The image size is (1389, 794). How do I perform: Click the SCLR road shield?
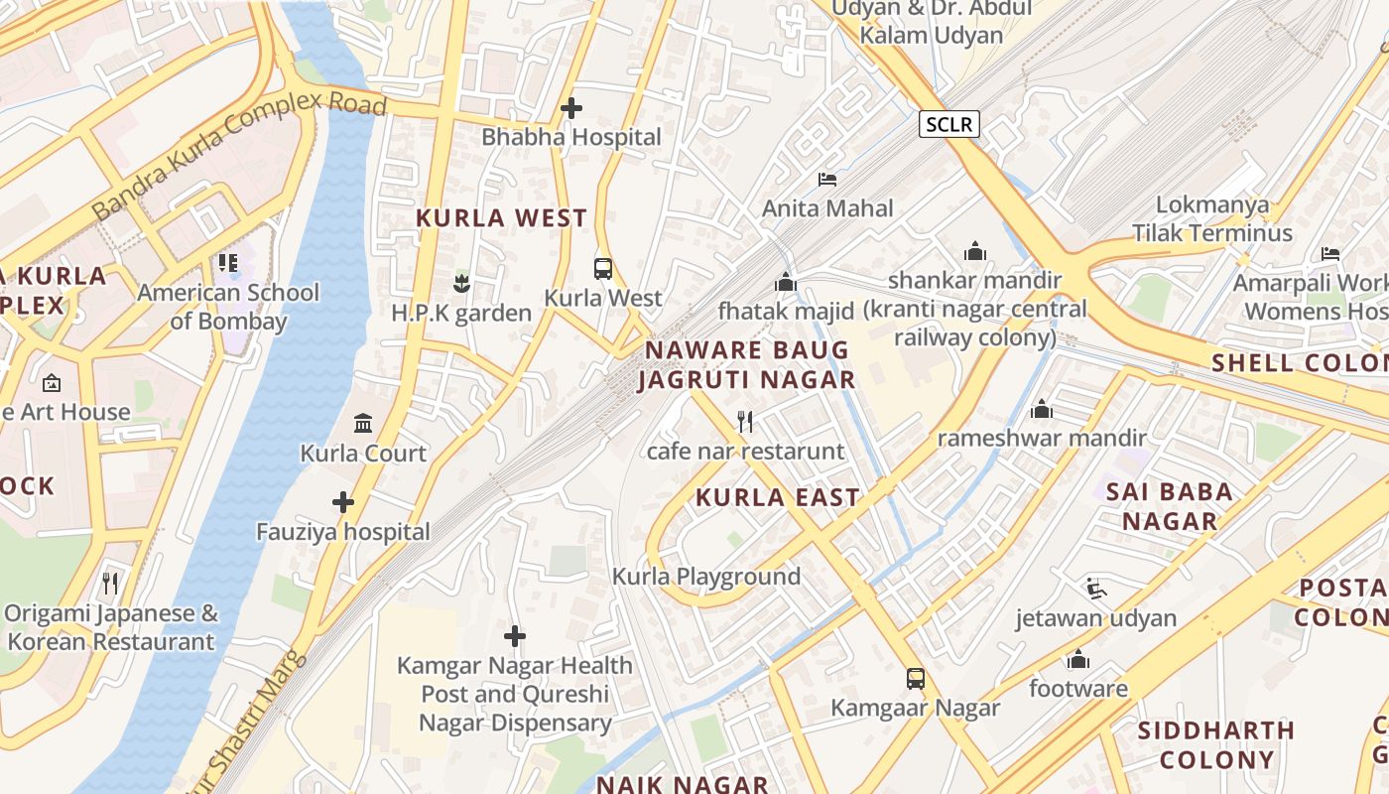click(949, 124)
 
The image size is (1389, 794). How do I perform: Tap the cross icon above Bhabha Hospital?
click(571, 107)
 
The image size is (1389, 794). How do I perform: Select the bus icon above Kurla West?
click(602, 268)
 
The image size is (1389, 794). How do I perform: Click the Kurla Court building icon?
click(363, 424)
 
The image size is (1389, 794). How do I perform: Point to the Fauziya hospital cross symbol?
click(343, 502)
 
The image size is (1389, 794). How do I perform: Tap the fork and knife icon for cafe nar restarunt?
click(745, 422)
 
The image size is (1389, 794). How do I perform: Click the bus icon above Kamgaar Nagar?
click(916, 679)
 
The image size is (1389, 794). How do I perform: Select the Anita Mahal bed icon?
click(827, 180)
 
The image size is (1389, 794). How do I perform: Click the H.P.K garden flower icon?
click(460, 284)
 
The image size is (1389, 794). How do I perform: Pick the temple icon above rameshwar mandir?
click(1042, 409)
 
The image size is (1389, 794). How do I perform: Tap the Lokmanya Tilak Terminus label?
click(1212, 219)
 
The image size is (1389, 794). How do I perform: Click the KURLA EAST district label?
click(777, 498)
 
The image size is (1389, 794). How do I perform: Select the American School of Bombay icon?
click(228, 263)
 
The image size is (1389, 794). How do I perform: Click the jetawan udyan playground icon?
click(1095, 589)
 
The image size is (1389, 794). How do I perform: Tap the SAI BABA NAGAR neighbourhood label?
click(1169, 506)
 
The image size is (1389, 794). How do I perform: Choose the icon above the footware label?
click(1078, 659)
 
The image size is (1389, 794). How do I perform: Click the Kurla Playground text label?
click(705, 577)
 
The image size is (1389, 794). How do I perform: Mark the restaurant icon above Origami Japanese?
click(110, 583)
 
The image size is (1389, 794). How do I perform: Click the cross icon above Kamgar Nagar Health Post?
click(515, 635)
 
